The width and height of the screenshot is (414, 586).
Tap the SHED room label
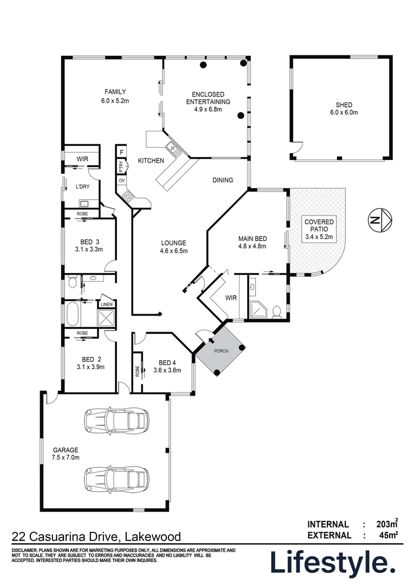344,105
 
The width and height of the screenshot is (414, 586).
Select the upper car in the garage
116,419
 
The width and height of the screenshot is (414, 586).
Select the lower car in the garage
116,478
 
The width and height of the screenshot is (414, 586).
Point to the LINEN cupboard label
106,304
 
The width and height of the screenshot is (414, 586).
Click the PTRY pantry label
121,165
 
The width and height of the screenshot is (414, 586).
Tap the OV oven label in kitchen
121,180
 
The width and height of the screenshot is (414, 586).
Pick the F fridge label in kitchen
121,152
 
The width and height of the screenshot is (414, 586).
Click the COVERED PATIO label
319,226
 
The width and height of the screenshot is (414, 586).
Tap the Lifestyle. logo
333,563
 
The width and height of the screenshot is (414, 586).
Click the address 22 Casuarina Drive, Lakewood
96,537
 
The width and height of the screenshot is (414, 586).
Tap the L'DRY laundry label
82,187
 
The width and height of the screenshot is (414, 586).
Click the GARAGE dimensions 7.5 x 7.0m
66,457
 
